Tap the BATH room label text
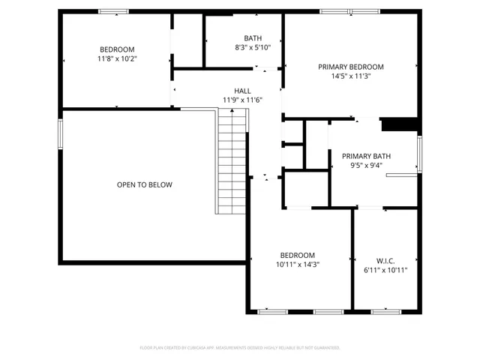(252, 38)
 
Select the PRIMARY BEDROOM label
(350, 66)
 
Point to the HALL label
(242, 90)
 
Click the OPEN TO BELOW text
(144, 184)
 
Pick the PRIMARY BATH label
(361, 156)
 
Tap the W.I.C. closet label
(385, 260)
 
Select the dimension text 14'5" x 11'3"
(350, 76)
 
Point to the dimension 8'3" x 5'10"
(253, 47)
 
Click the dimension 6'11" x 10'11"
(385, 270)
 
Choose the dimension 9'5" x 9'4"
(361, 166)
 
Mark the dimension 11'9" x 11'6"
(242, 100)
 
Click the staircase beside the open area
(232, 161)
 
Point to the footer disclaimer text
(240, 348)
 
